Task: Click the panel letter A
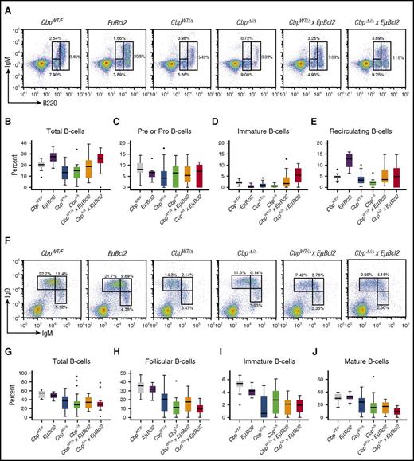(x=6, y=7)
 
